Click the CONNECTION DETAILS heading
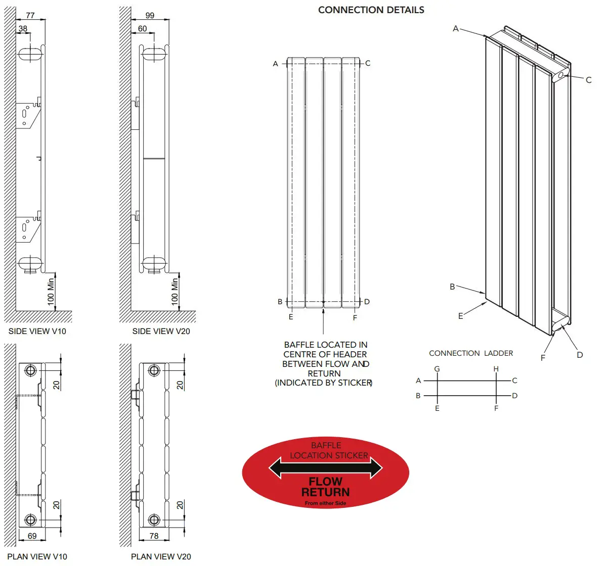pos(371,10)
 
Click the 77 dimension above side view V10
pos(30,15)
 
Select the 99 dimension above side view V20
pos(150,15)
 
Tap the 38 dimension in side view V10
pos(23,29)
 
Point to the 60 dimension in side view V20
pos(143,29)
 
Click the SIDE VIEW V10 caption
pos(37,331)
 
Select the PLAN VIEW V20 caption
pos(161,556)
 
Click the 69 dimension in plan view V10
pos(32,536)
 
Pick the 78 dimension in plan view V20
pos(154,536)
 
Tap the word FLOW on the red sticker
pos(325,482)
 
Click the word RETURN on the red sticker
pos(325,492)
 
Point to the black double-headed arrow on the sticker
pos(325,468)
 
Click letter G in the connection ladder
pos(437,369)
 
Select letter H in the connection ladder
pos(496,369)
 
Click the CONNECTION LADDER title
pos(470,353)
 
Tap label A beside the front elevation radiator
pos(276,64)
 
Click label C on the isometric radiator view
pos(588,80)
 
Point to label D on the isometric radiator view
pos(580,355)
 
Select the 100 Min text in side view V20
pos(175,291)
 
